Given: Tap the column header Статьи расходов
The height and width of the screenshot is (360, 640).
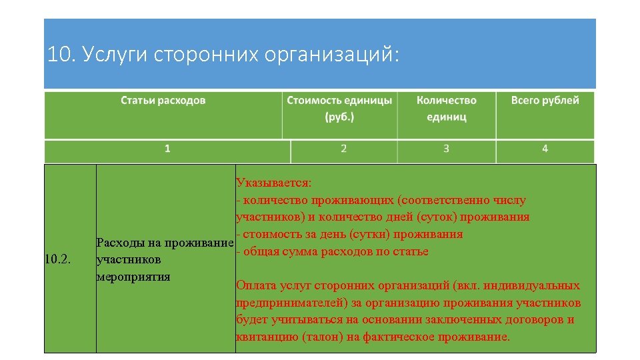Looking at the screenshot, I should click(x=163, y=101).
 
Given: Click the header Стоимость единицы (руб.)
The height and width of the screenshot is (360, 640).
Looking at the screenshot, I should click(x=339, y=108).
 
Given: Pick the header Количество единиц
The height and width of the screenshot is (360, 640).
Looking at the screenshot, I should click(x=446, y=108).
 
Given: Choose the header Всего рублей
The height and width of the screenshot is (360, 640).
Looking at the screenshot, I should click(x=545, y=101).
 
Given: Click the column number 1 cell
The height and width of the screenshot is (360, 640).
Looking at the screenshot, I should click(x=167, y=149).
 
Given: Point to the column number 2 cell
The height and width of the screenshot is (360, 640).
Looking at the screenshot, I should click(x=343, y=149).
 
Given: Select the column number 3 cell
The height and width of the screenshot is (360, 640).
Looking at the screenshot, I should click(x=446, y=149).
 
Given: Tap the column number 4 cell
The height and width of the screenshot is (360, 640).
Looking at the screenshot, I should click(x=545, y=149).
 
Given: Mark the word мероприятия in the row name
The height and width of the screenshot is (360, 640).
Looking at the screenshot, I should click(x=133, y=276).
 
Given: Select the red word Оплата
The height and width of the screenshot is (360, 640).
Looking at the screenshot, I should click(x=256, y=285).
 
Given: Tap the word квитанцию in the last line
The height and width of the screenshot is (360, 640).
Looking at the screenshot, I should click(x=263, y=337).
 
